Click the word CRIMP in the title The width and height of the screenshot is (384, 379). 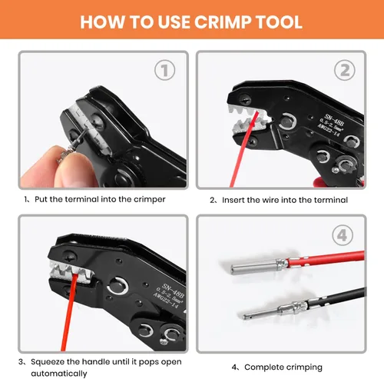tap(223, 22)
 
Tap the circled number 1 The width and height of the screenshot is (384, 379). tap(165, 70)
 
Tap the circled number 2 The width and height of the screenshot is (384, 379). tap(345, 70)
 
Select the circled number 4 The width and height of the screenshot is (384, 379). tap(343, 235)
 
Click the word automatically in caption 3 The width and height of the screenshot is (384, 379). tap(59, 374)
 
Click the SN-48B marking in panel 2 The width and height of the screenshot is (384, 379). tap(334, 120)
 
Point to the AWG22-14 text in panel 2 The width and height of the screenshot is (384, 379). tap(329, 131)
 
